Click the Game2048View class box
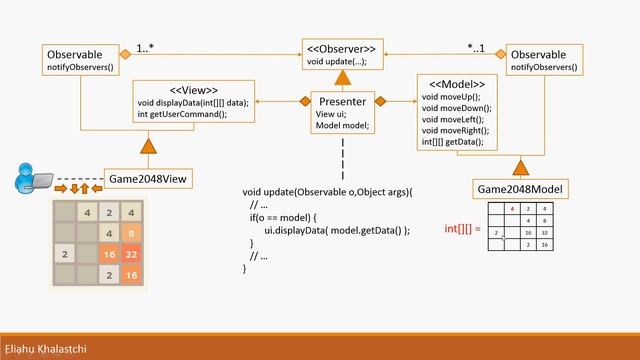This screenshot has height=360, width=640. pos(148,179)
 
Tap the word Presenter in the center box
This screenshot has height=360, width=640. pos(342,101)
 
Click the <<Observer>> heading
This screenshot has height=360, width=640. pos(342,48)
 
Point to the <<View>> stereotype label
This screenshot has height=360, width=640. pos(194,89)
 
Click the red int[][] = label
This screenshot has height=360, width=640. pos(463,229)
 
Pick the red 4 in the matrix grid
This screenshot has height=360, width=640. pos(512,209)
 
